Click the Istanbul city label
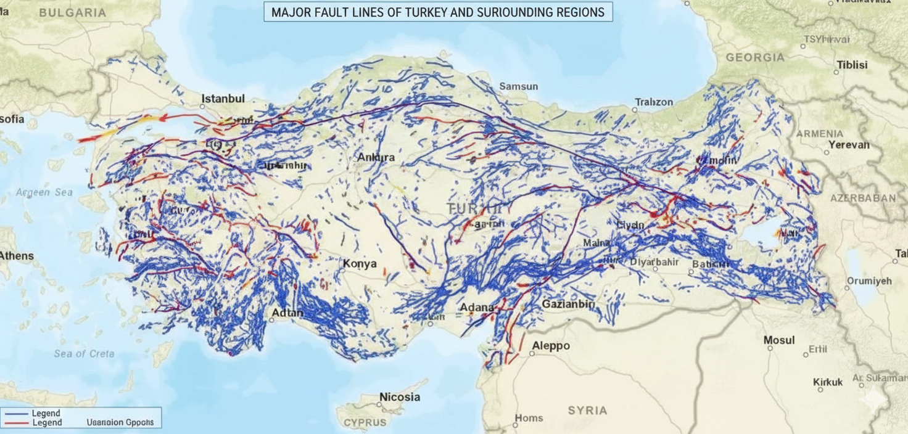[223, 99]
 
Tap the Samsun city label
[518, 86]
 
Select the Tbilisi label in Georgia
[852, 65]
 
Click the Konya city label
[360, 264]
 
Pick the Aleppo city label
[551, 346]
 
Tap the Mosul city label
[779, 340]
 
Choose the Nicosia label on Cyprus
[400, 397]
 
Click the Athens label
[17, 256]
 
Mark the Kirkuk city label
[828, 382]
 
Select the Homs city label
[529, 418]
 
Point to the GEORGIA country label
[755, 57]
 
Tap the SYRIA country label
[587, 410]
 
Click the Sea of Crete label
[84, 353]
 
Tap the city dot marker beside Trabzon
[634, 109]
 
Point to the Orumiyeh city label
[869, 280]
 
